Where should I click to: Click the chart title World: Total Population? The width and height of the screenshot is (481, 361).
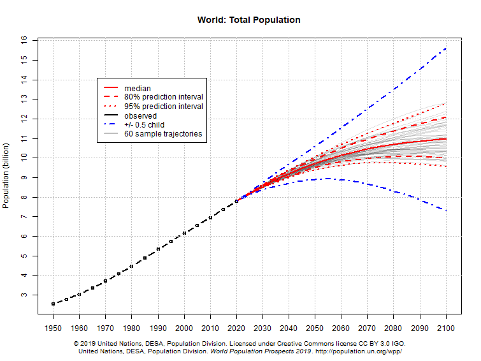pyautogui.click(x=249, y=20)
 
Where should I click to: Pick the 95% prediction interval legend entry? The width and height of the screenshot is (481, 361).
pyautogui.click(x=163, y=107)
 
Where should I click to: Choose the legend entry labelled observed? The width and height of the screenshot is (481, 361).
pyautogui.click(x=140, y=116)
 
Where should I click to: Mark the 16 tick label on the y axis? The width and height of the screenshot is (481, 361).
pyautogui.click(x=24, y=40)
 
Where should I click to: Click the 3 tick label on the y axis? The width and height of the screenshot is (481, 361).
pyautogui.click(x=24, y=295)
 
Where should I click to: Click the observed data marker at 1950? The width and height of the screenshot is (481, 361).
pyautogui.click(x=53, y=304)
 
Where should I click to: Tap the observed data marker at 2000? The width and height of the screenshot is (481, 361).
pyautogui.click(x=184, y=233)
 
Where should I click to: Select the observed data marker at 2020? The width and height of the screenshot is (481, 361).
pyautogui.click(x=236, y=201)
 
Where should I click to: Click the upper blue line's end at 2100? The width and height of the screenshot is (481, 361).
pyautogui.click(x=446, y=48)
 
